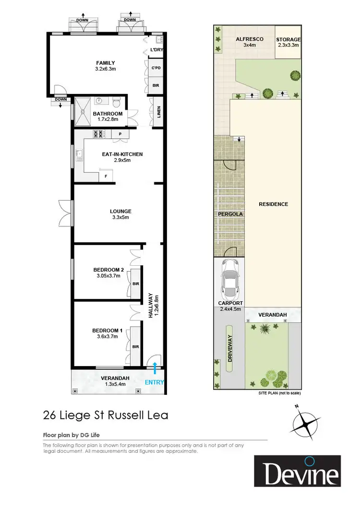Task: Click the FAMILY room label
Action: pos(105,63)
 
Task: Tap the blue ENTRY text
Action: pos(155,382)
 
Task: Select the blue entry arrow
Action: pos(155,368)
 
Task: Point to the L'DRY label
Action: pos(156,50)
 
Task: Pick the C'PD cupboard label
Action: pos(156,68)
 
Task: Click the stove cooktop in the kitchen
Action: pos(99,134)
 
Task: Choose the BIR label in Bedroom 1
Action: pos(135,346)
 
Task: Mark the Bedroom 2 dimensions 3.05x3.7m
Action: pos(108,276)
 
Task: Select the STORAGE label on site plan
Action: pos(288,39)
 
